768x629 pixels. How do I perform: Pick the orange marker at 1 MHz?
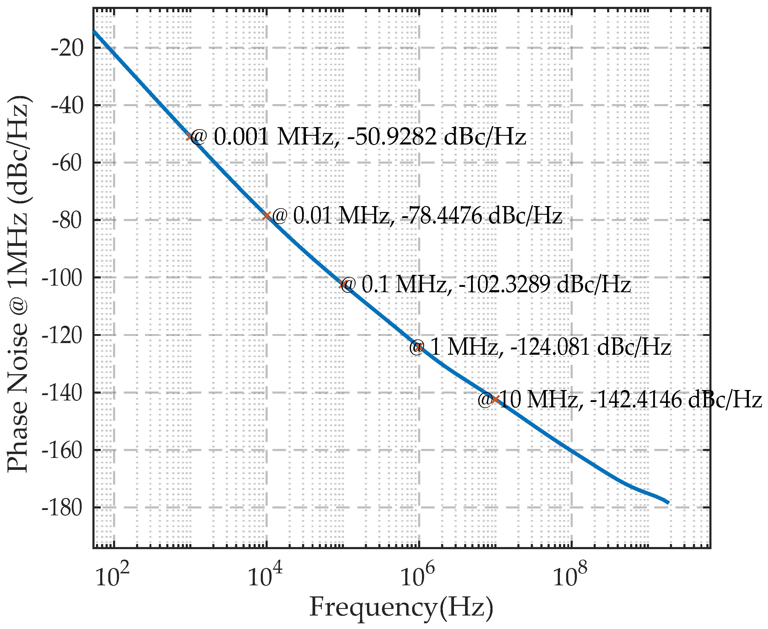tap(419, 347)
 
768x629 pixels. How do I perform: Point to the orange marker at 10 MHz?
tap(496, 400)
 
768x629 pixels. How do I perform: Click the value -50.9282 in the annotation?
tap(391, 137)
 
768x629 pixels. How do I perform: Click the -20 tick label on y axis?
tap(67, 48)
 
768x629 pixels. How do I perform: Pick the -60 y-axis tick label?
tap(67, 163)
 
